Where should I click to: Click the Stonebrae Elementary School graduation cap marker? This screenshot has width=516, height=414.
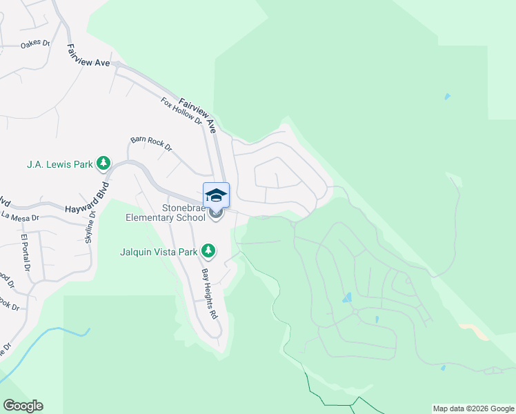(216, 195)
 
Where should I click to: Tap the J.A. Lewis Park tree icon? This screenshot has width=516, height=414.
(103, 164)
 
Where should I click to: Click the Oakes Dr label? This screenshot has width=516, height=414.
(36, 44)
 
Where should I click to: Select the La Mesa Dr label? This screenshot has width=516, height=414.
(20, 217)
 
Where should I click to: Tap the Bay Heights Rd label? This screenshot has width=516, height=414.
(209, 293)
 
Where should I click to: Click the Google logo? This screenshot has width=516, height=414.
(23, 406)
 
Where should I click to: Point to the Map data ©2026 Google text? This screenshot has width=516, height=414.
(473, 408)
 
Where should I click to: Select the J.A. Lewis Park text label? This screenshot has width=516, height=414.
(59, 164)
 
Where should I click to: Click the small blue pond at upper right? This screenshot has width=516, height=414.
(448, 96)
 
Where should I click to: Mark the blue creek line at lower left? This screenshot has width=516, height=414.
(41, 345)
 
